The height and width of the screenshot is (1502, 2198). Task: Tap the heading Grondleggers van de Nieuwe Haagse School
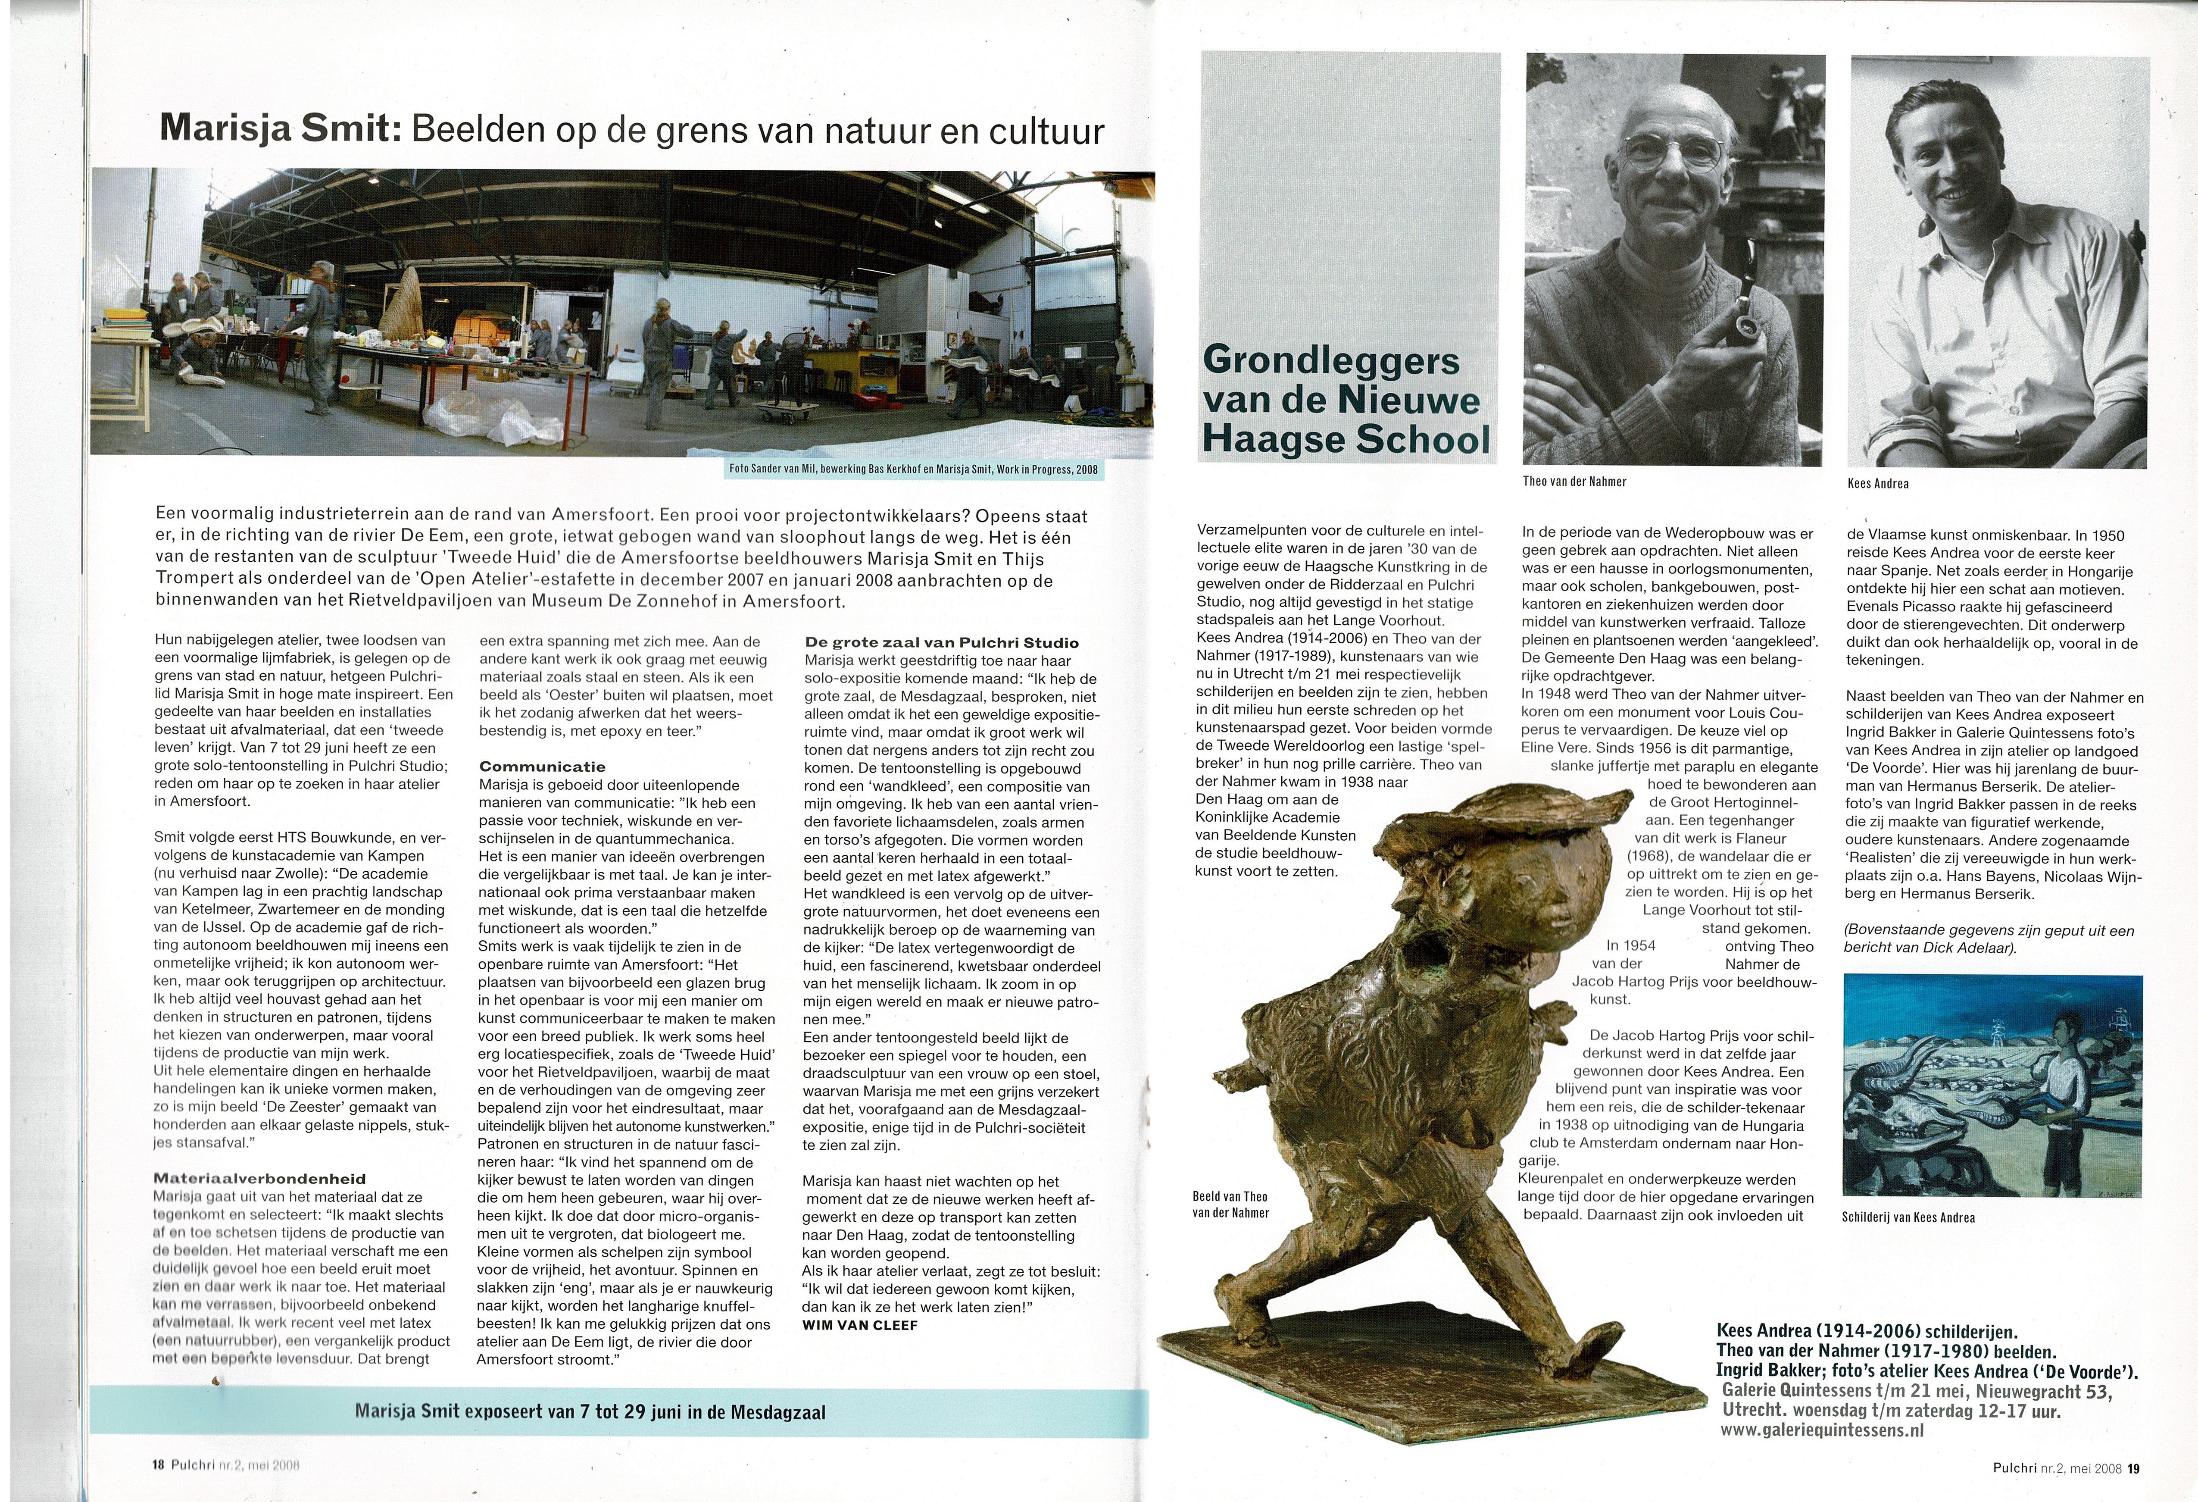click(x=1344, y=400)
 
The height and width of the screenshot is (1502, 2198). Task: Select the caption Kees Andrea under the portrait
click(x=1877, y=483)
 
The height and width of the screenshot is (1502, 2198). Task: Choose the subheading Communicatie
click(x=542, y=766)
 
